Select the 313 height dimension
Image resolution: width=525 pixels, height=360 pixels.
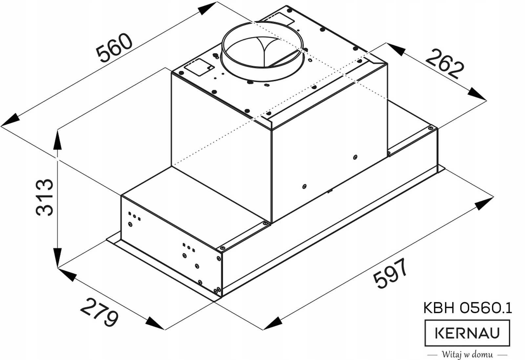tap(45, 197)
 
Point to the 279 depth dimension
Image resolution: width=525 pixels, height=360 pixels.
tap(99, 312)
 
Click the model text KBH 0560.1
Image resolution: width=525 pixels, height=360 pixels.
tap(467, 309)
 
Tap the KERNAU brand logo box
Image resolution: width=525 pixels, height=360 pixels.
tap(467, 333)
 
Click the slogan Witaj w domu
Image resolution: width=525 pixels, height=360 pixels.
tap(467, 354)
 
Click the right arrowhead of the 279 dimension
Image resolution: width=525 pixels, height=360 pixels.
tap(155, 324)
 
